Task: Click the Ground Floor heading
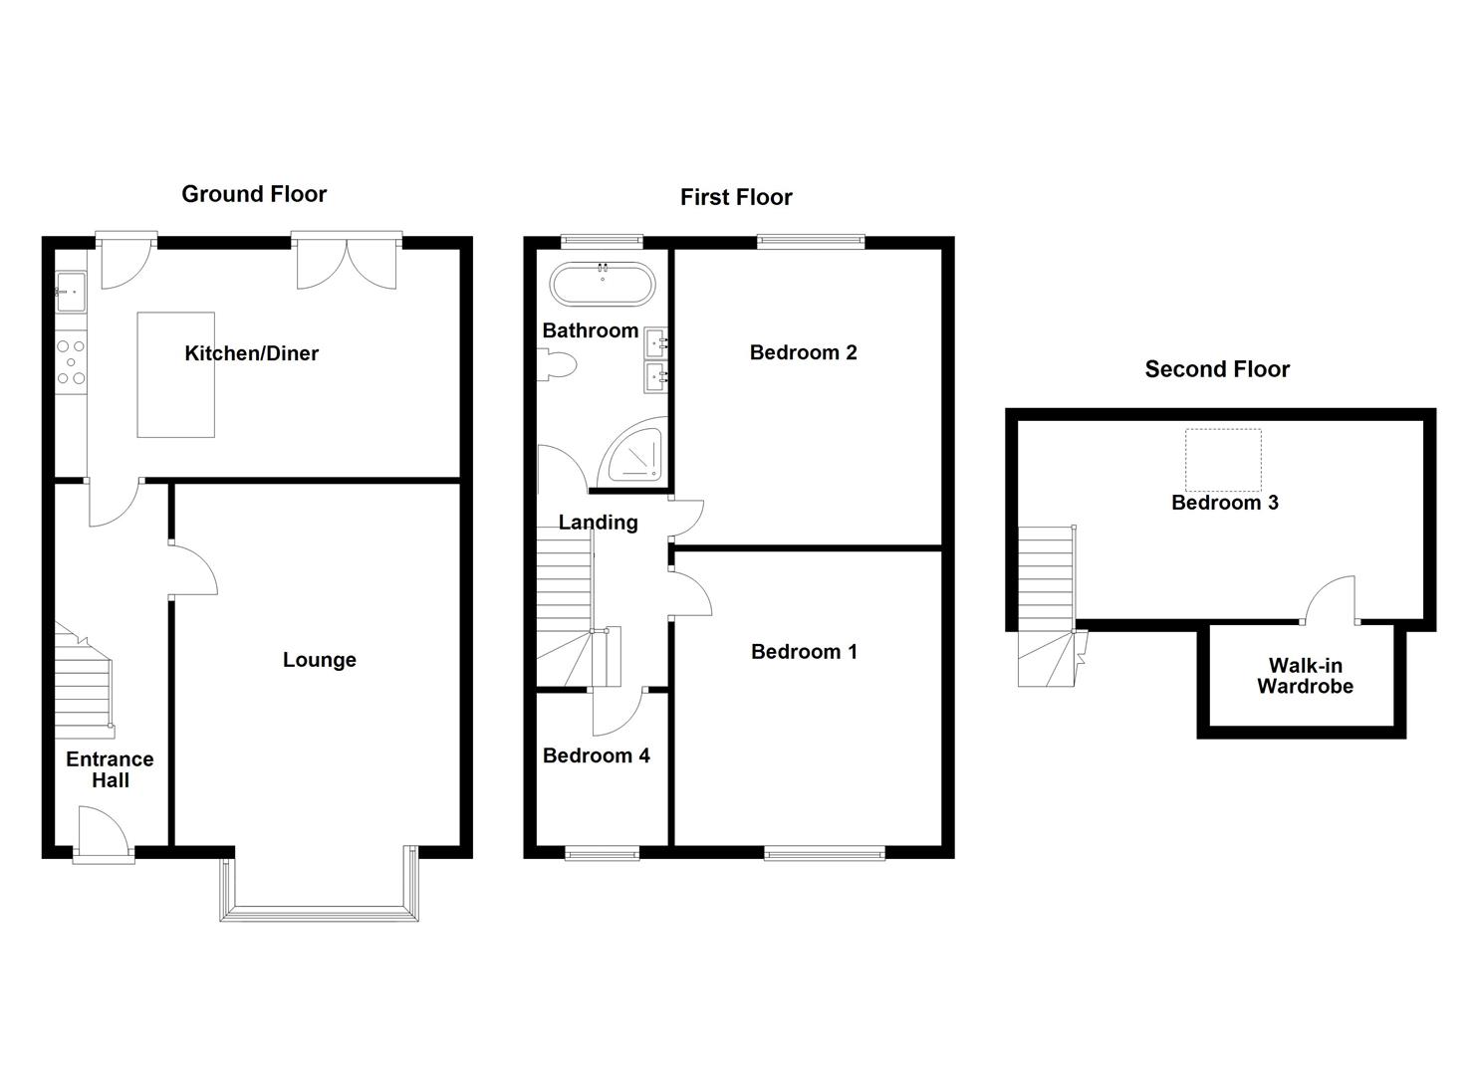[254, 194]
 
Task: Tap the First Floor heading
[736, 197]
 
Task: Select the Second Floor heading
[1217, 369]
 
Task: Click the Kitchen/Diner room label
[251, 353]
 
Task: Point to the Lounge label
[319, 660]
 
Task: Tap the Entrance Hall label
[110, 769]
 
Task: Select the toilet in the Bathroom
[557, 365]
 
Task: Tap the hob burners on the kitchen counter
[71, 362]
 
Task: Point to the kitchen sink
[70, 292]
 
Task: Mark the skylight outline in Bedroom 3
[1222, 460]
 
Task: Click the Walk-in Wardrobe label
[1305, 676]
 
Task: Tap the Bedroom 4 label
[596, 755]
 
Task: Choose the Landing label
[598, 523]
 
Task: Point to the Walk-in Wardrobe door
[1332, 602]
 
